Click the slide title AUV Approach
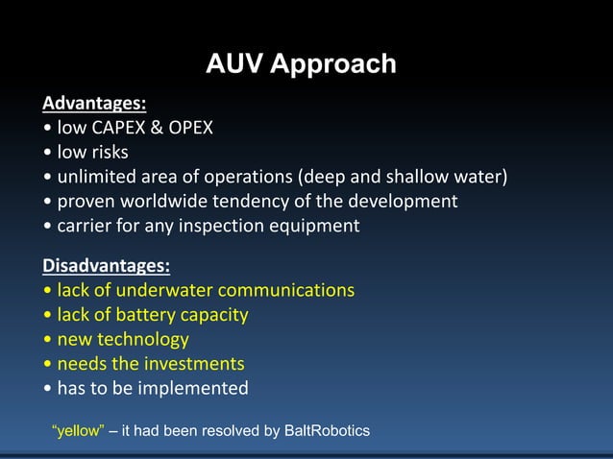pyautogui.click(x=301, y=64)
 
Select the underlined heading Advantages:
pyautogui.click(x=93, y=103)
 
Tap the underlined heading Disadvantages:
pyautogui.click(x=106, y=265)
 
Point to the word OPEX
pyautogui.click(x=190, y=128)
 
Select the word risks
pyautogui.click(x=109, y=153)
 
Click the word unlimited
pyautogui.click(x=99, y=178)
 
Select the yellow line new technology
pyautogui.click(x=123, y=340)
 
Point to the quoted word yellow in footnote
pyautogui.click(x=77, y=431)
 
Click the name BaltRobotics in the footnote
pyautogui.click(x=327, y=431)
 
